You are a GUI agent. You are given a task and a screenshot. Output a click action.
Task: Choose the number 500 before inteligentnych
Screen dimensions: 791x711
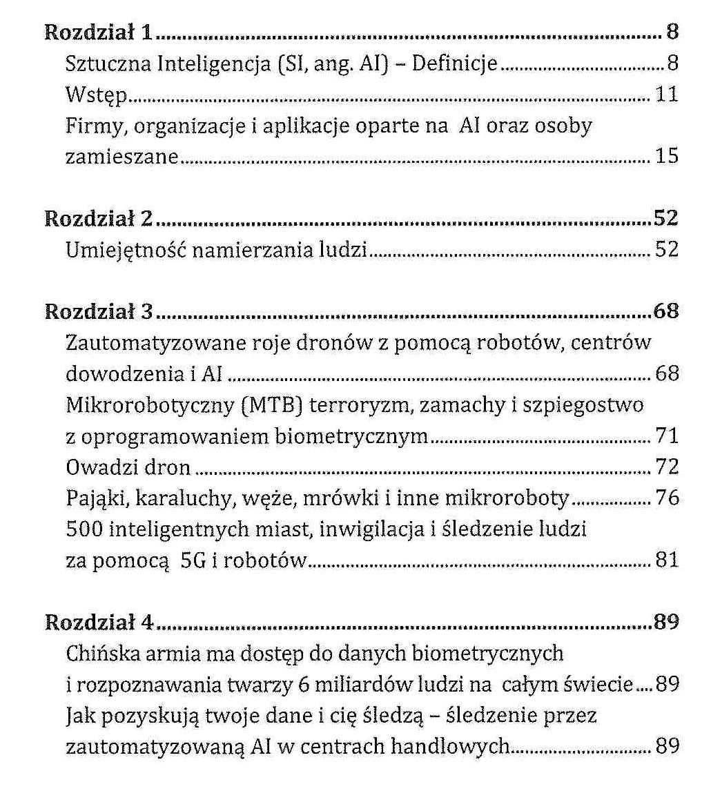(81, 529)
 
